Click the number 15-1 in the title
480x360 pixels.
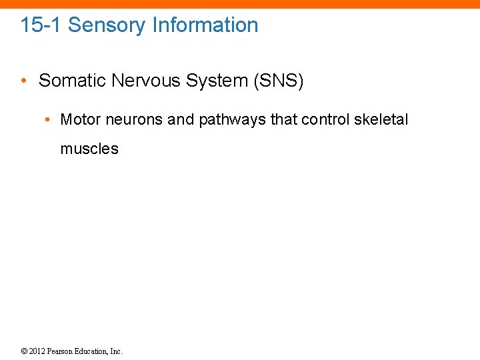click(x=41, y=25)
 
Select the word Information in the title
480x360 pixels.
click(x=205, y=25)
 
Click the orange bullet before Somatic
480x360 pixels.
click(x=23, y=81)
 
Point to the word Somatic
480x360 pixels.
click(x=73, y=81)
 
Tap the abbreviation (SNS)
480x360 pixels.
click(x=279, y=81)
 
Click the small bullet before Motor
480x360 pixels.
click(x=48, y=120)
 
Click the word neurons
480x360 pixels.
click(x=133, y=120)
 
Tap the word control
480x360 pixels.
click(x=325, y=120)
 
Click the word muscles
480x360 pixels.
click(x=89, y=149)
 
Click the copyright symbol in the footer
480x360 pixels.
click(x=24, y=351)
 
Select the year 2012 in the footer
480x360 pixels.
click(x=37, y=351)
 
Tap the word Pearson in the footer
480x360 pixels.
click(x=61, y=351)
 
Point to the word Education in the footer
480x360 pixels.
click(x=93, y=351)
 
